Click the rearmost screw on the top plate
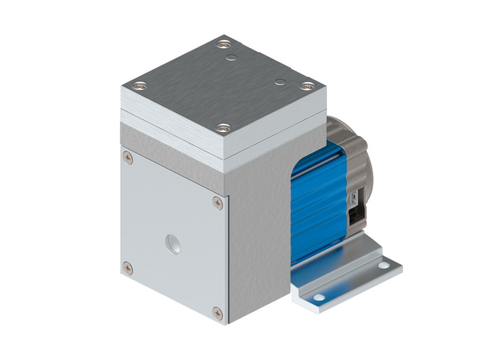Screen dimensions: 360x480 click(222, 46)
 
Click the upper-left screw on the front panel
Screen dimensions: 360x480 click(126, 157)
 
